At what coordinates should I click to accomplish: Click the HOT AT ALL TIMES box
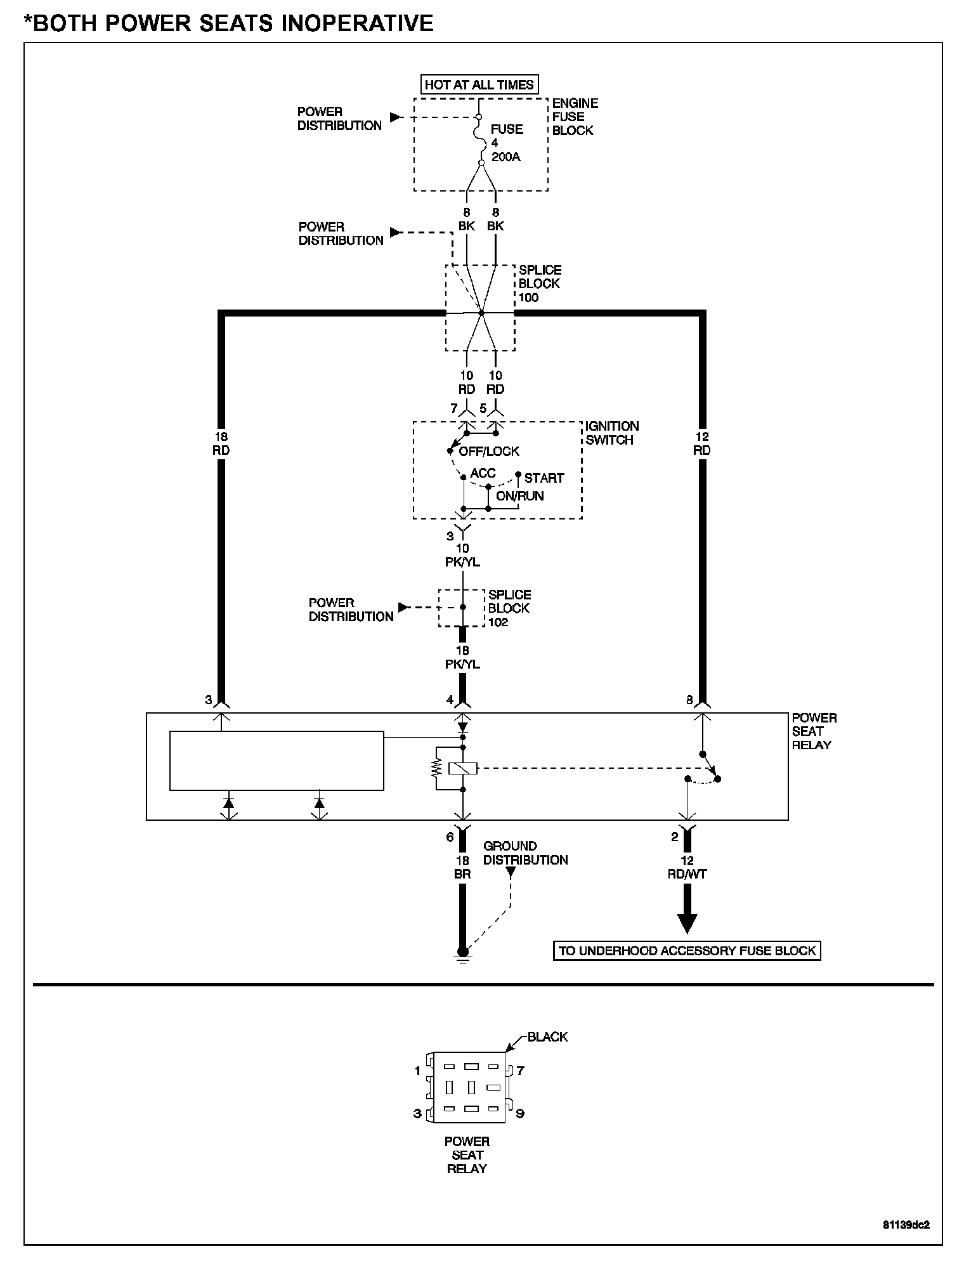[479, 84]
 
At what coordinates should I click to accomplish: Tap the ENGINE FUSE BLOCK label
[574, 117]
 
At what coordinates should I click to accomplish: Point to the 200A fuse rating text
[505, 157]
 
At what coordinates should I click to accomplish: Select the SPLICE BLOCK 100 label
[539, 284]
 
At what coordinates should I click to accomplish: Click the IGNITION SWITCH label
[611, 433]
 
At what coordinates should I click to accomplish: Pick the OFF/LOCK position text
[489, 452]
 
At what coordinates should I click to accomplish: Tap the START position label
[544, 478]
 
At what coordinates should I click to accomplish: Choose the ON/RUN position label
[519, 496]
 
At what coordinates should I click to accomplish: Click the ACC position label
[483, 474]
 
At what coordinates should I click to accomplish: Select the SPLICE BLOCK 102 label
[509, 608]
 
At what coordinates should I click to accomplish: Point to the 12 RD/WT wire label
[687, 867]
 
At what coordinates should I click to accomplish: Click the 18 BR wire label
[462, 867]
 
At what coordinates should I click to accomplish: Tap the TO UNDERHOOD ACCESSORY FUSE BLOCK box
[687, 951]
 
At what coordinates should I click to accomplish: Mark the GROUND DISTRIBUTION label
[525, 853]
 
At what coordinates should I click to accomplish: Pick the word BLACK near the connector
[547, 1037]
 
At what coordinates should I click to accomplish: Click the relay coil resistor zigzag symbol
[436, 769]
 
